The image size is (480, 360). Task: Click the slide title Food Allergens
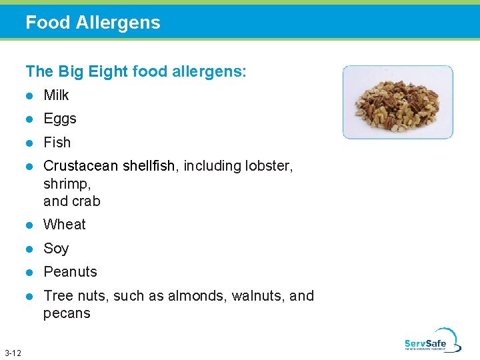93,23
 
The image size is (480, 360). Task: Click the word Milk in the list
56,95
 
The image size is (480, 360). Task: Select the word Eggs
60,119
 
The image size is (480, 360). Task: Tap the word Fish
57,143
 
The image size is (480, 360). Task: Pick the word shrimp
67,184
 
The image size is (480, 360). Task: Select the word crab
86,201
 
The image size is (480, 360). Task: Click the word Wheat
65,225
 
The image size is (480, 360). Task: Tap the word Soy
56,249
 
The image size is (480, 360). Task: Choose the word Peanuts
70,272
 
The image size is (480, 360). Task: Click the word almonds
201,296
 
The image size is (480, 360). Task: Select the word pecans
67,313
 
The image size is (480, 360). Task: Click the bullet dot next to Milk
29,95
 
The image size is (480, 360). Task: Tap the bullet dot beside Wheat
29,225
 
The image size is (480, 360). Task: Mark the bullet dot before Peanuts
29,272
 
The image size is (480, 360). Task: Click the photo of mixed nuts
398,102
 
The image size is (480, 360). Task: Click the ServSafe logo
432,340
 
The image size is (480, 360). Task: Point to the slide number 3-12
12,352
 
